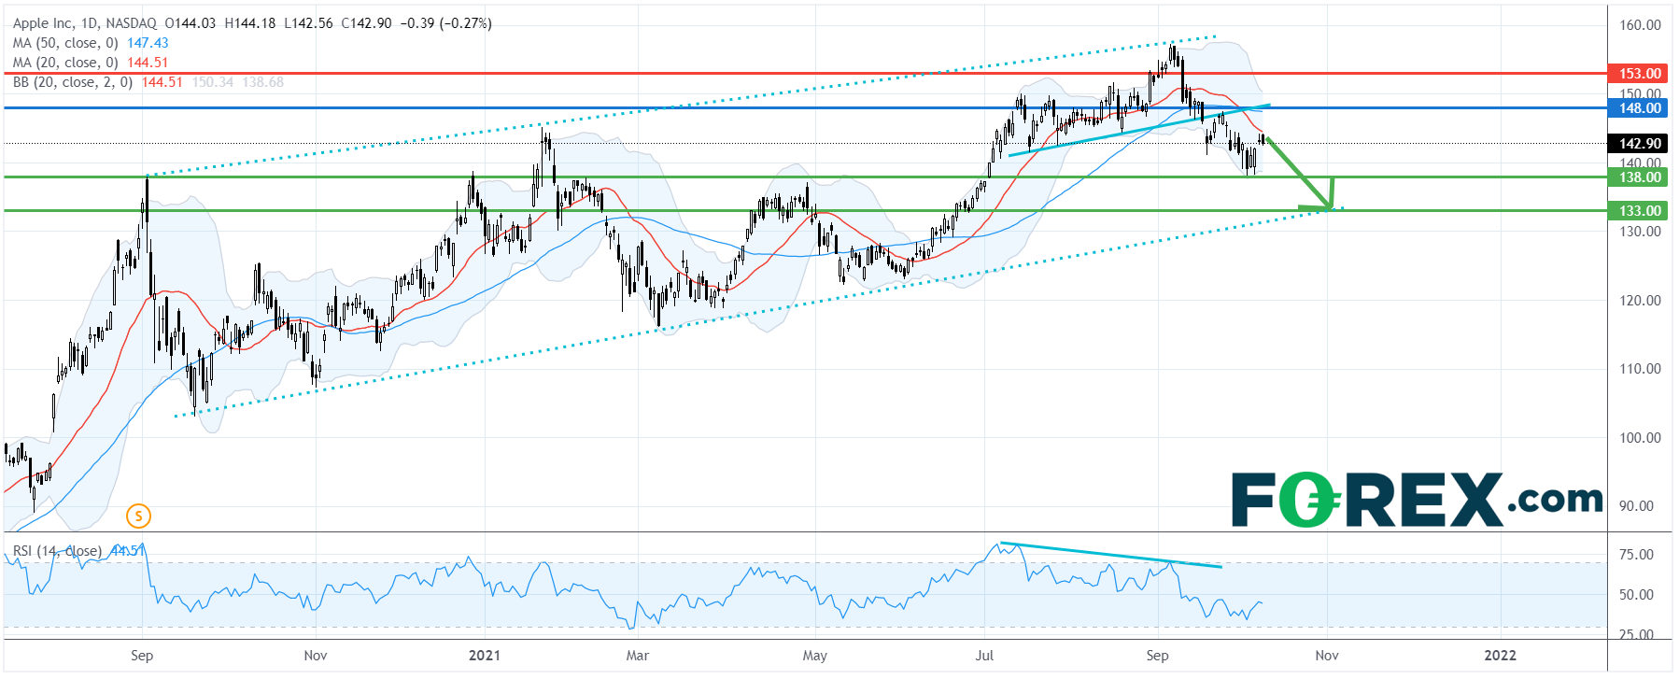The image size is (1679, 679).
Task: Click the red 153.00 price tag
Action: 1639,74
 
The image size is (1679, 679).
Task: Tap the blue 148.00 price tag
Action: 1639,108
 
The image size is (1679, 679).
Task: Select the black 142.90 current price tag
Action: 1639,144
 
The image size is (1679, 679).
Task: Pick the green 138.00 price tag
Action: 1639,177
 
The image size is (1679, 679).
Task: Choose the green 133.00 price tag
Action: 1639,211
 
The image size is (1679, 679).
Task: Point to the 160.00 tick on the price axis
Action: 1640,25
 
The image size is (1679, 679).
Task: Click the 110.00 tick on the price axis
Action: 1640,369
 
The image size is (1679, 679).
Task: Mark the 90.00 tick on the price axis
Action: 1640,506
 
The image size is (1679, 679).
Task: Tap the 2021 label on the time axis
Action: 485,656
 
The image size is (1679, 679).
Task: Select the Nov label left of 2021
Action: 316,656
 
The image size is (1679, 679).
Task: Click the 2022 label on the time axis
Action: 1501,656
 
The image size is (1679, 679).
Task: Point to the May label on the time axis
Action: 815,656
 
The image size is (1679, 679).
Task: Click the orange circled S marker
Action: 138,516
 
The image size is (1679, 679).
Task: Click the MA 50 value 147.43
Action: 148,43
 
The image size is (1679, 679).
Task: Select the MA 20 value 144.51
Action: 148,63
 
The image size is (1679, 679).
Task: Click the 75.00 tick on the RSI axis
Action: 1636,555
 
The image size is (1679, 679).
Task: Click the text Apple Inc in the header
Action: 44,23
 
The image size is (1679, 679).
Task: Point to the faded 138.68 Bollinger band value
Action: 262,82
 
